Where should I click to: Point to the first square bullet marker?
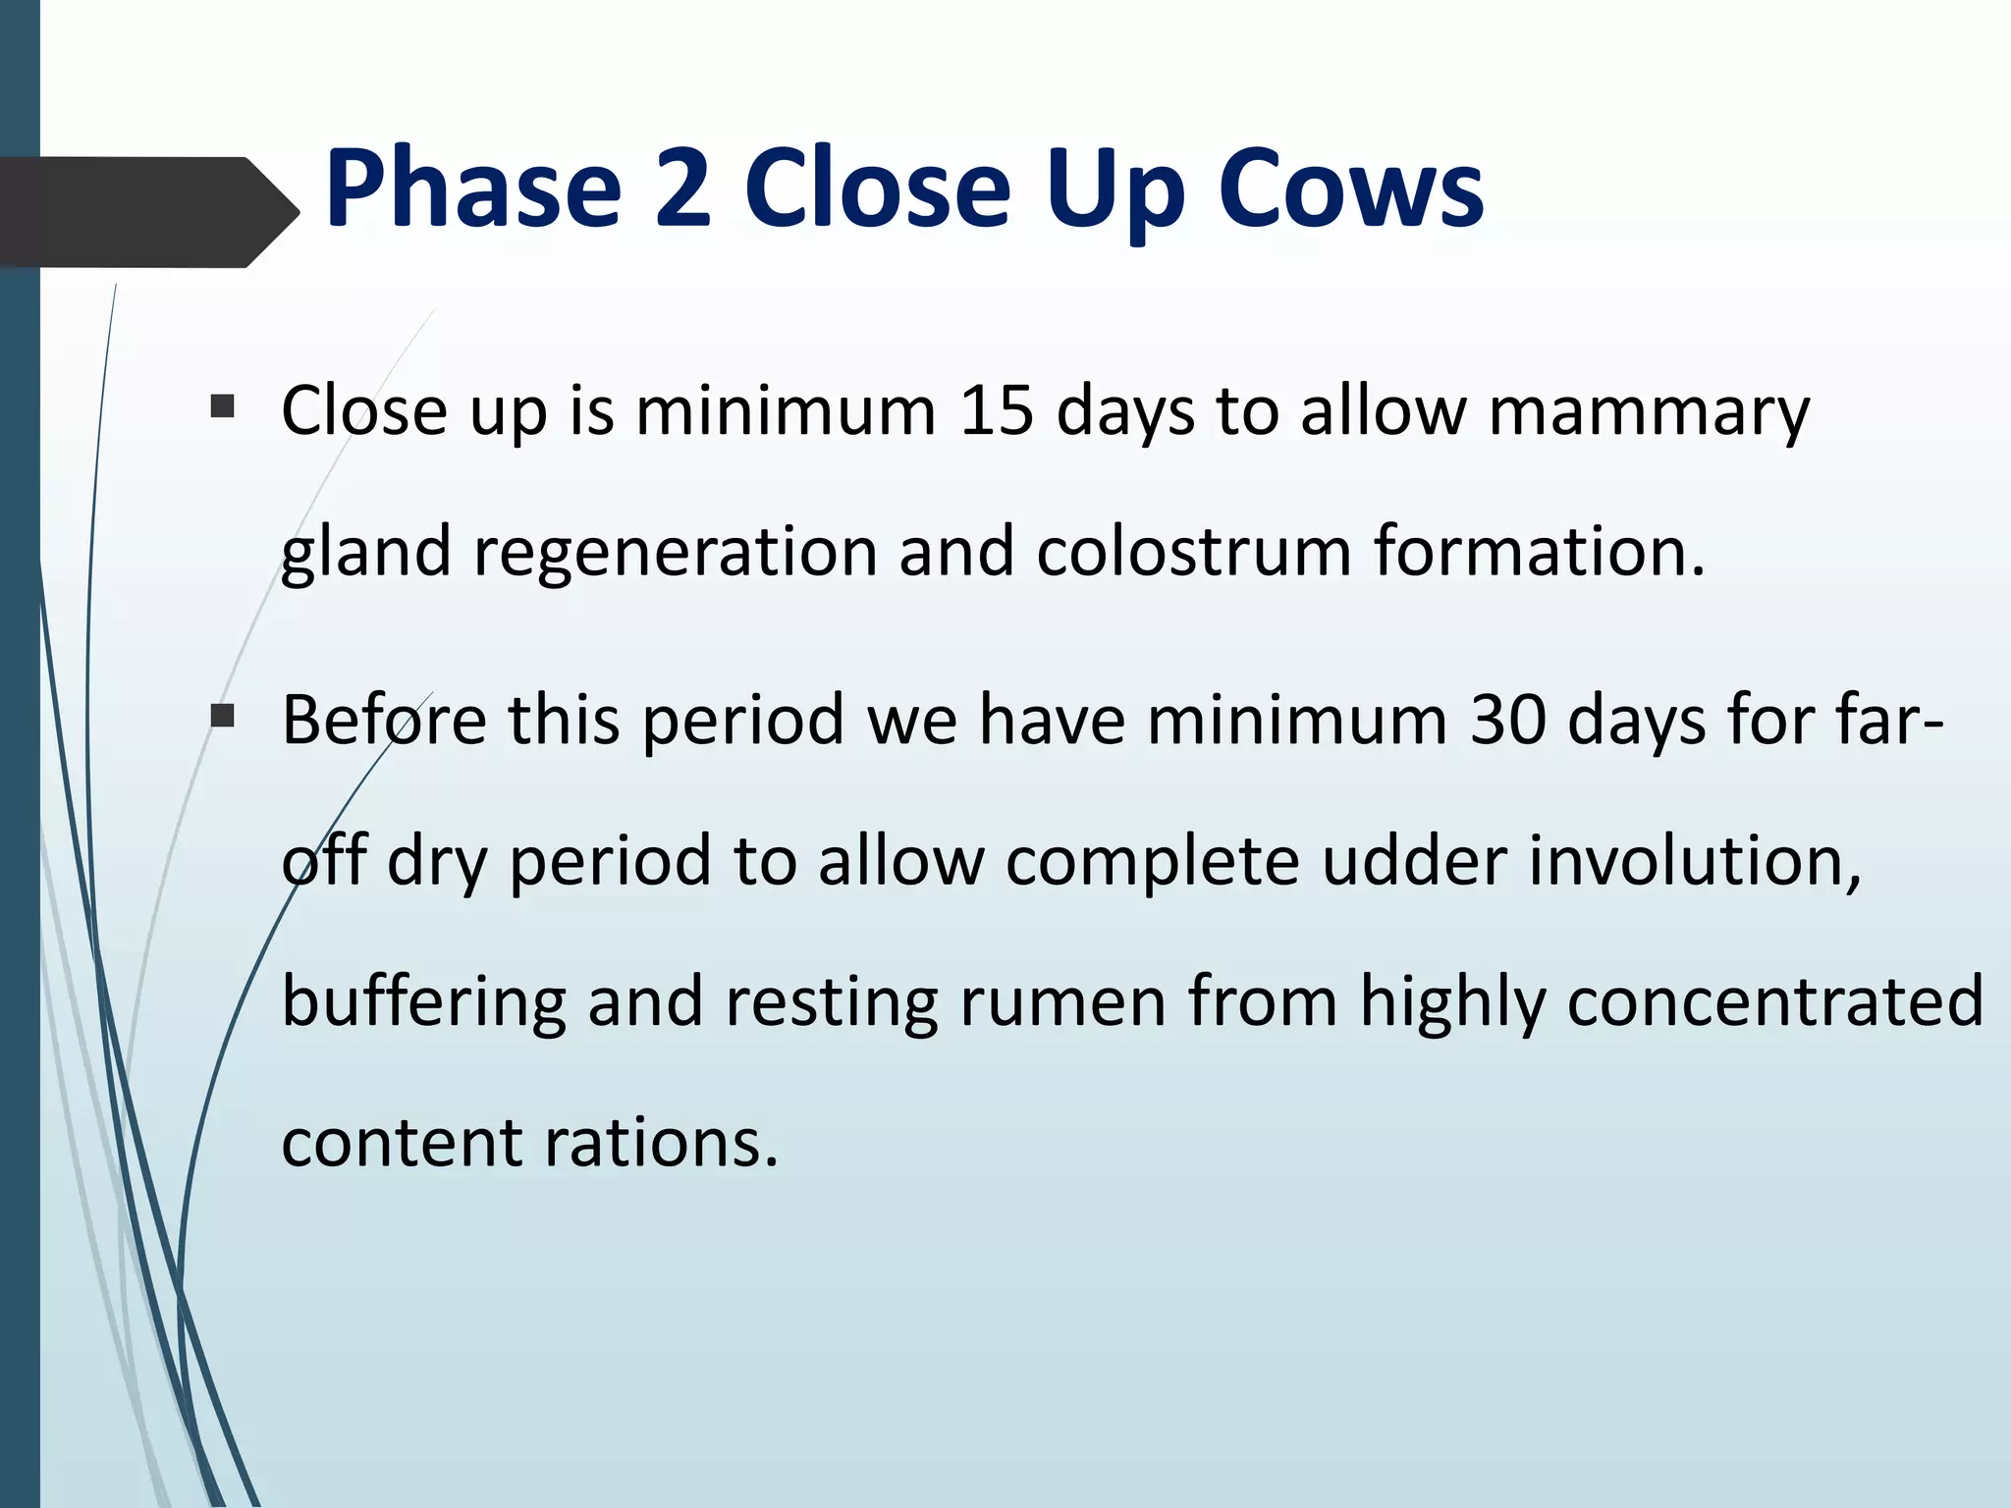[223, 406]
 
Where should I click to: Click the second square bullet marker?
[223, 717]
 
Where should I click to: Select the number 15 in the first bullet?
[996, 410]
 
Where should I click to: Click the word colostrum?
[1194, 552]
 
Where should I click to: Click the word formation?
[1538, 552]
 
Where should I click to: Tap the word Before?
[384, 721]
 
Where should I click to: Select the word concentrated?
[1775, 1003]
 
